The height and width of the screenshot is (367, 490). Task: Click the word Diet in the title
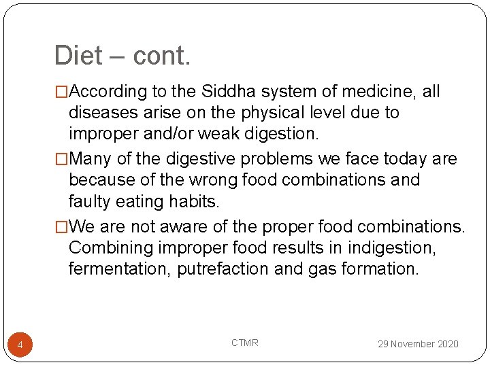[78, 56]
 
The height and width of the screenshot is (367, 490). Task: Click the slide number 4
[20, 346]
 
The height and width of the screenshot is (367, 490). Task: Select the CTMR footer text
[244, 343]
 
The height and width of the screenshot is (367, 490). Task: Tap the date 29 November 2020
[418, 344]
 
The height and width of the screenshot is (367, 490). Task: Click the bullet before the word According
[62, 92]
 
